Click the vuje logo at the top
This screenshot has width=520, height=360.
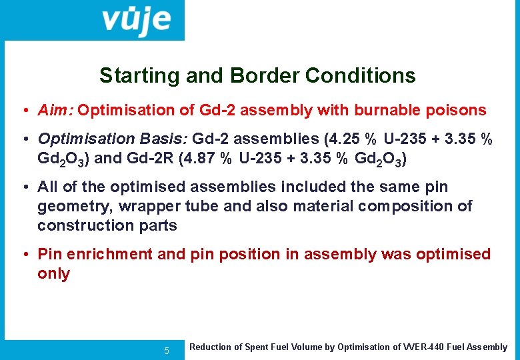coord(136,20)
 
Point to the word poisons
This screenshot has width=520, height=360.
coord(459,110)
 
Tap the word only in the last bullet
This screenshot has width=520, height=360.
coord(53,274)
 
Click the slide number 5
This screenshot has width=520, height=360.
coord(167,351)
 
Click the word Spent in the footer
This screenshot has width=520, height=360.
coord(253,347)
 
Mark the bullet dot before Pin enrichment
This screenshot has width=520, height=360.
coord(24,255)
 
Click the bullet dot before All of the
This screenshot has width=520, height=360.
coord(24,187)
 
